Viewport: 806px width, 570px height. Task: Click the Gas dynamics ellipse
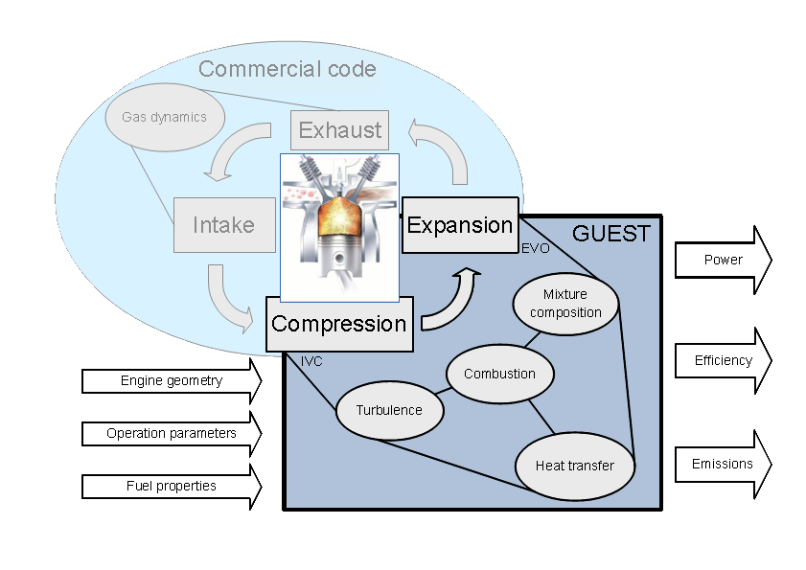click(164, 118)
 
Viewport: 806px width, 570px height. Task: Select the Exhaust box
click(340, 130)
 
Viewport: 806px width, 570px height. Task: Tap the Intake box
click(223, 225)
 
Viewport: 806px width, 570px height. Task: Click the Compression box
click(339, 324)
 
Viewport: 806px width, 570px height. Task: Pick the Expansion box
click(460, 225)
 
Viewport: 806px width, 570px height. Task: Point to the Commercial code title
click(288, 69)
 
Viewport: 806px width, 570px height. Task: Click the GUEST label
click(610, 233)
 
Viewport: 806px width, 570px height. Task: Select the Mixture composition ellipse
click(565, 303)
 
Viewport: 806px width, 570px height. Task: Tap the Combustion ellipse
click(499, 374)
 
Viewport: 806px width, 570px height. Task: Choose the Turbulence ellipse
click(389, 410)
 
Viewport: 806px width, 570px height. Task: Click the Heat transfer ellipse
click(575, 466)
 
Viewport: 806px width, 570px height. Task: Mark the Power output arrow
click(723, 260)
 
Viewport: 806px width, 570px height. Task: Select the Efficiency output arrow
click(723, 361)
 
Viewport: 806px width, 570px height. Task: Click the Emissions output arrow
click(723, 464)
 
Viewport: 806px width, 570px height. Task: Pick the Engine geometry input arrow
click(172, 380)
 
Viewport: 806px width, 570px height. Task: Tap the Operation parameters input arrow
click(172, 433)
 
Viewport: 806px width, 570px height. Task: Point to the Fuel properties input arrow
click(172, 486)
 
